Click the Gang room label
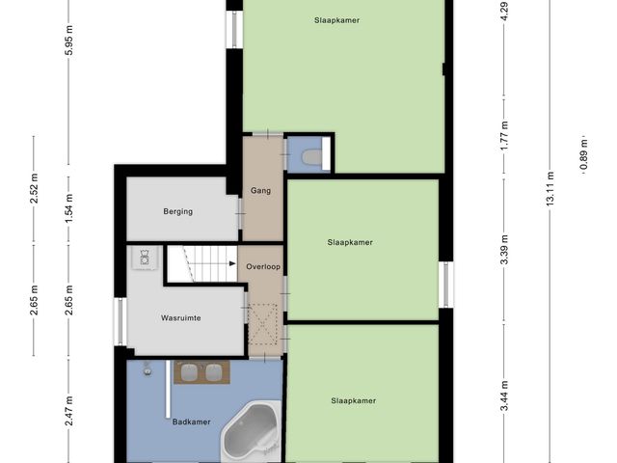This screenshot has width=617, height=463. (260, 191)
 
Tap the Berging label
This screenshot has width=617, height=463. (177, 211)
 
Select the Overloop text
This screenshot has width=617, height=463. (263, 266)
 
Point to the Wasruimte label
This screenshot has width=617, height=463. (180, 317)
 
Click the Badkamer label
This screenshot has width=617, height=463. (191, 422)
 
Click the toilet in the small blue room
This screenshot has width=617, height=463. (311, 156)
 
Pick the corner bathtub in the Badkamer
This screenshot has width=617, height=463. (252, 429)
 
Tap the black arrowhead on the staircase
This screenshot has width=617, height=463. (232, 263)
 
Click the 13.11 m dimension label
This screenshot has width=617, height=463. (550, 188)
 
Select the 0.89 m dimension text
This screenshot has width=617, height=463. (583, 155)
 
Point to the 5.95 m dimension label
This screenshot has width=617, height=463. (68, 41)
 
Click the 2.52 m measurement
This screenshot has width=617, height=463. (35, 188)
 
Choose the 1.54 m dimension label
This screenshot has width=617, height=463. (68, 208)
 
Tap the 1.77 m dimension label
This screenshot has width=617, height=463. (504, 136)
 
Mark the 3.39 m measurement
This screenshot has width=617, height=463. (504, 250)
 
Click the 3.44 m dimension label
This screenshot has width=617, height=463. (504, 396)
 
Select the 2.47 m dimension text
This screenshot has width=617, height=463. (68, 411)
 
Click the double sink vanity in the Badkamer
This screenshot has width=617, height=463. (201, 372)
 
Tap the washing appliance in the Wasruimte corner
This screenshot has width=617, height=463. (145, 258)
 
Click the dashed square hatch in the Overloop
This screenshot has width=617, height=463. (263, 324)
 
